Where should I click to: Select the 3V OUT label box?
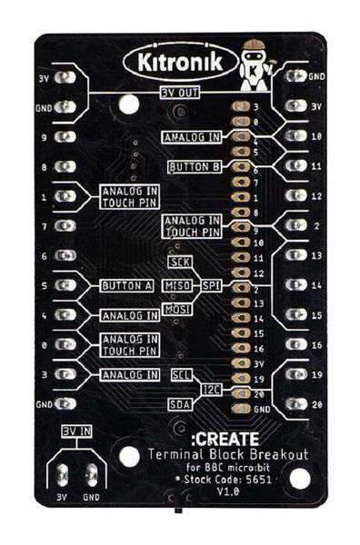point(180,93)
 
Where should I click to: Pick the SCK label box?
point(179,263)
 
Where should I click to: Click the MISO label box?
point(176,285)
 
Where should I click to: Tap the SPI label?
point(211,285)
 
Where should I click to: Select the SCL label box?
point(181,374)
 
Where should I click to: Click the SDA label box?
point(180,403)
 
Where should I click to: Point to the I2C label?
point(211,389)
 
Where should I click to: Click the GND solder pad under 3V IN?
point(92,475)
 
